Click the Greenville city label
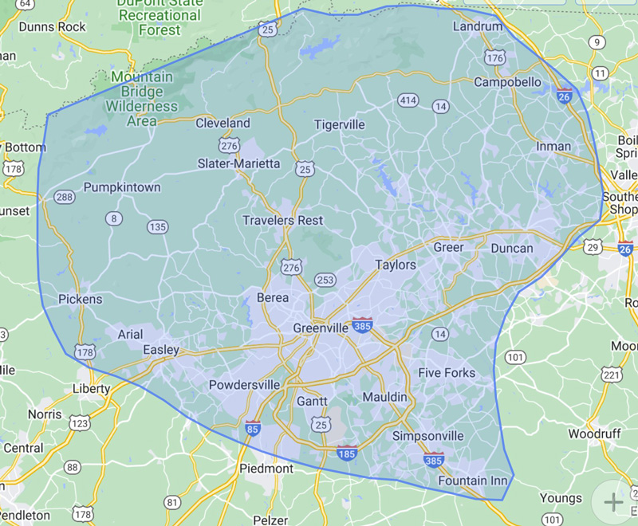point(321,328)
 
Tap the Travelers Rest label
point(283,220)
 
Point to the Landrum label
point(478,26)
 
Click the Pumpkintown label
point(122,187)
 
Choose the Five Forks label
point(447,373)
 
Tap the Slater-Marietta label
point(238,163)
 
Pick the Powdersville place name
point(244,385)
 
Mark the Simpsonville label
point(427,436)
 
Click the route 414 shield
point(408,100)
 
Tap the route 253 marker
point(325,279)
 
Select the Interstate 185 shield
point(347,453)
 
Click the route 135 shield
point(157,227)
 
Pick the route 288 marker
point(65,197)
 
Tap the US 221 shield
point(612,375)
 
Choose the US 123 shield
point(80,422)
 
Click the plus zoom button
point(612,501)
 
